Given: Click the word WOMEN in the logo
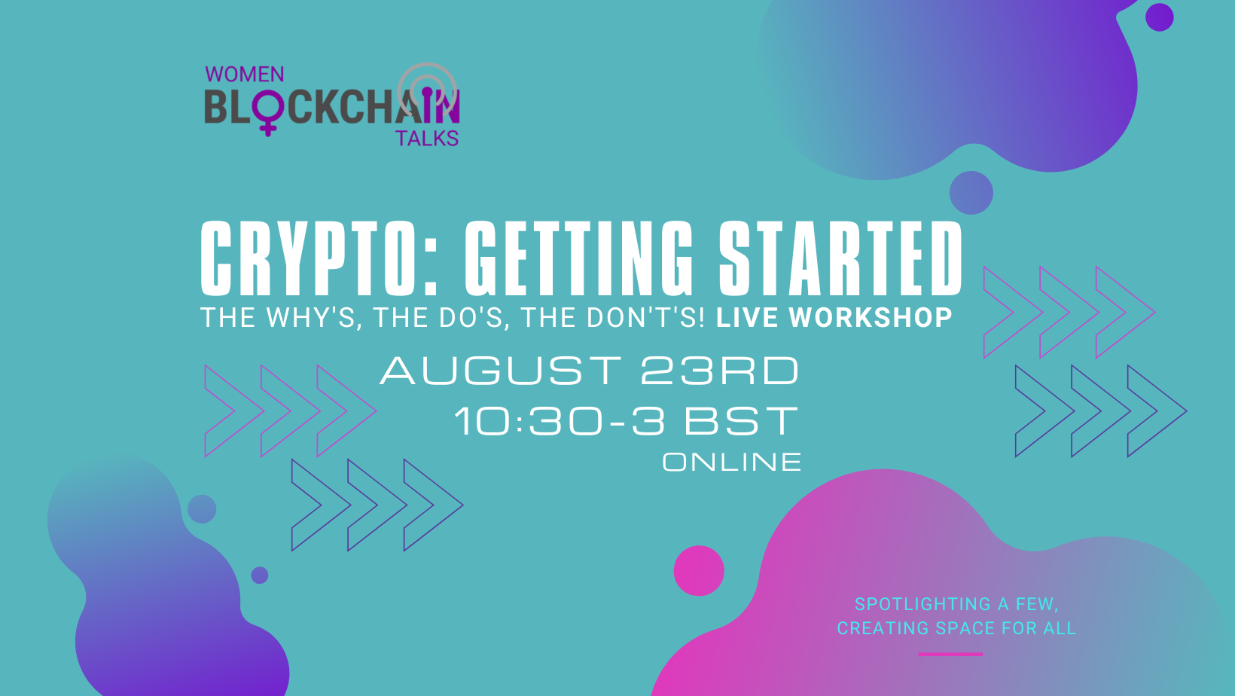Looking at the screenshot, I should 245,75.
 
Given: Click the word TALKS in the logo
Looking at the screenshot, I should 427,139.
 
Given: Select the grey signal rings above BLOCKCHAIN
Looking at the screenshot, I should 427,84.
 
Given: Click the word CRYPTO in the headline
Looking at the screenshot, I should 309,258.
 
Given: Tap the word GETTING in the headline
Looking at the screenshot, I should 578,258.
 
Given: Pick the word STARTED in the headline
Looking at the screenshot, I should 840,258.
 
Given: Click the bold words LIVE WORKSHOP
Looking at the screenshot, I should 834,318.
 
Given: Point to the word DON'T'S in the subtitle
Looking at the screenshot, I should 645,318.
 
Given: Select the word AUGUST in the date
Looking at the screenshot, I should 501,371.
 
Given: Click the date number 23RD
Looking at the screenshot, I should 719,371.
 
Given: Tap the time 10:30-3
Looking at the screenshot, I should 560,421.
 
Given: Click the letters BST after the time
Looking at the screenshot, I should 741,421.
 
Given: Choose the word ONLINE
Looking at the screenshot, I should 732,462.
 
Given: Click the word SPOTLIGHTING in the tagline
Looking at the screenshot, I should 922,604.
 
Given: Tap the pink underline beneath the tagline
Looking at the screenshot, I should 950,655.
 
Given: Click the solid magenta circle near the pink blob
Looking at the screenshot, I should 699,571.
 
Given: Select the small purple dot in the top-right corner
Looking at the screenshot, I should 1159,17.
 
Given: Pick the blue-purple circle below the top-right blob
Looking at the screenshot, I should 971,193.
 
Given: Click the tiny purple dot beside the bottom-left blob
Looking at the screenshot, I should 260,575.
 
